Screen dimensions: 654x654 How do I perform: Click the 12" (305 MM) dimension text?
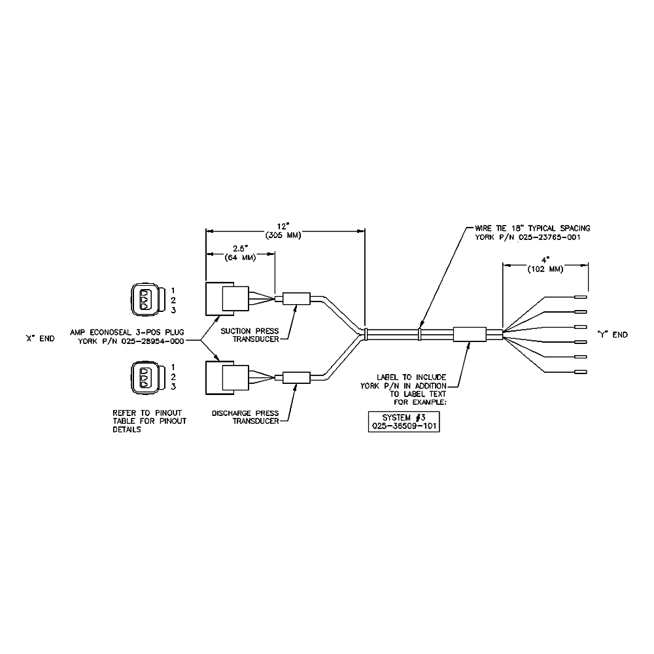click(x=283, y=231)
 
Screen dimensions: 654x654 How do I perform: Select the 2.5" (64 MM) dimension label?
click(x=240, y=253)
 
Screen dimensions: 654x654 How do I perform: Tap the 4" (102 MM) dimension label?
click(x=545, y=265)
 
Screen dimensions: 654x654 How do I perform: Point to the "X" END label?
click(x=40, y=338)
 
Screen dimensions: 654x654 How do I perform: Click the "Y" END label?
click(x=612, y=334)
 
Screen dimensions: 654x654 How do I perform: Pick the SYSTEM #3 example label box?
click(x=404, y=422)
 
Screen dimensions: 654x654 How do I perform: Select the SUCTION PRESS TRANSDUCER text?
click(x=249, y=335)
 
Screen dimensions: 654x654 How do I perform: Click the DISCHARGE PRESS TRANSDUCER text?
click(x=245, y=417)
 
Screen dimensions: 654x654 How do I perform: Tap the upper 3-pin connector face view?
click(x=145, y=300)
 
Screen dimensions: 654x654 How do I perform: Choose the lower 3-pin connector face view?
click(x=145, y=377)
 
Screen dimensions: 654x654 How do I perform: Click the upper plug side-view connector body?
click(x=228, y=299)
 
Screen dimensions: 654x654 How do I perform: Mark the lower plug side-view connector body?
click(x=228, y=378)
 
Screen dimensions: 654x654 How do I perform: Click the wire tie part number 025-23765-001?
click(x=549, y=237)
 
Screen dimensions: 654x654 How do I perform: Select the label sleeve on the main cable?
click(x=470, y=334)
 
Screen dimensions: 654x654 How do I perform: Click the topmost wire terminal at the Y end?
click(x=581, y=297)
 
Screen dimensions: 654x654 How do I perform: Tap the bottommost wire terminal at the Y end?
click(x=581, y=371)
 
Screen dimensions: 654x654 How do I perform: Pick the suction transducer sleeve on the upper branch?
click(x=296, y=299)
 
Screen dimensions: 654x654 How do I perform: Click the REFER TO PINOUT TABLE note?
click(x=149, y=421)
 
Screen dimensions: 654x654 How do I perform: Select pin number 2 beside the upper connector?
click(x=173, y=300)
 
